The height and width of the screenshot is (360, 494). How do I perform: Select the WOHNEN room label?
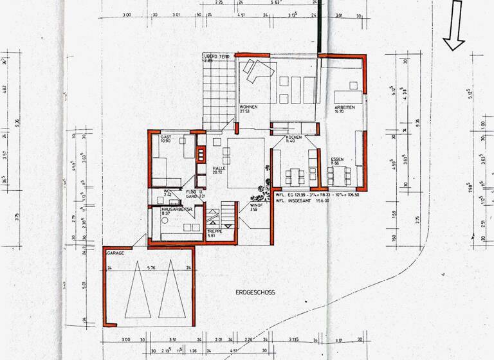coord(249,106)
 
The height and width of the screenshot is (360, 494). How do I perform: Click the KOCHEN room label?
coord(286,138)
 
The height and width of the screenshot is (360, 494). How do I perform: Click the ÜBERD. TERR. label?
coord(217,57)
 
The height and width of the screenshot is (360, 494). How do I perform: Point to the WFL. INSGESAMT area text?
coord(302,200)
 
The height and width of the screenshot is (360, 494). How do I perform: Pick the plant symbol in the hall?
coord(262,190)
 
